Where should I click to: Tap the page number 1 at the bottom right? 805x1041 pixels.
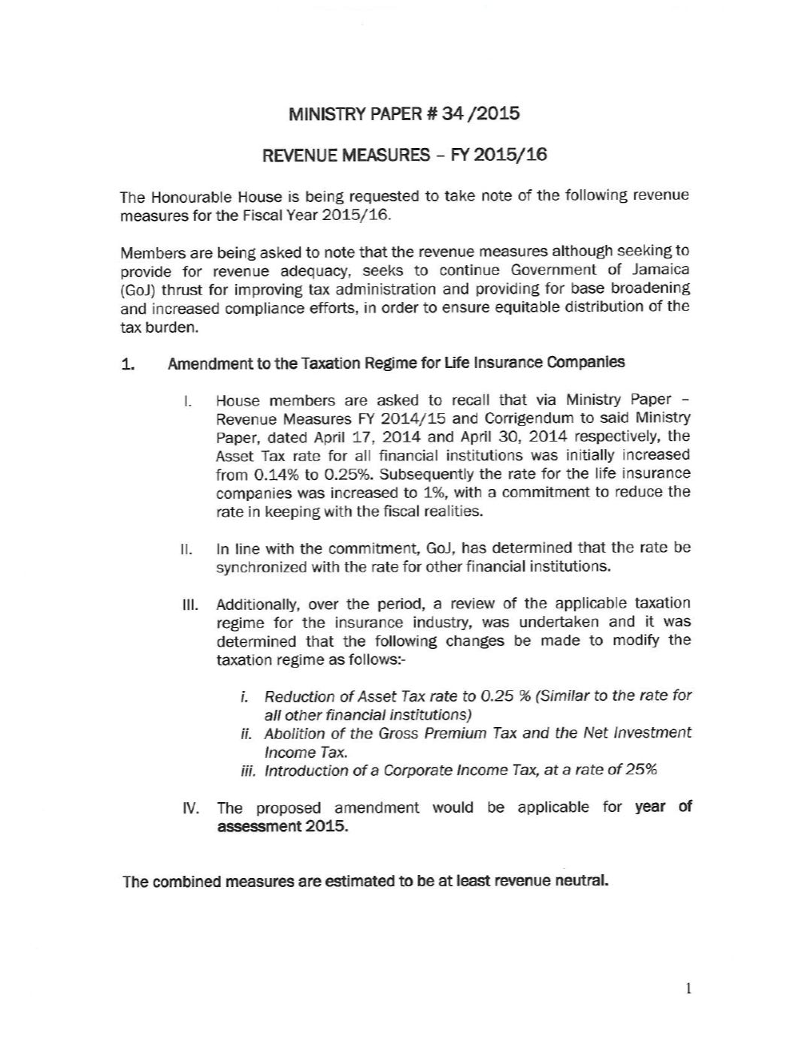click(688, 988)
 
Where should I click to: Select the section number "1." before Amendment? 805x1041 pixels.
click(128, 365)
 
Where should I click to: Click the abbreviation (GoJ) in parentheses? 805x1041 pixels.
click(137, 290)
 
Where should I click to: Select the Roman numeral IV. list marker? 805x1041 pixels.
click(190, 808)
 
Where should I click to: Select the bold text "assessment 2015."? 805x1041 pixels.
click(283, 826)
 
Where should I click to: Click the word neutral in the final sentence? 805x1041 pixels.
click(580, 880)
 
